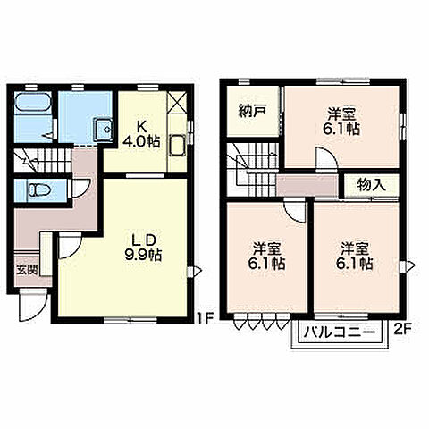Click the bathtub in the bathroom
click(33, 103)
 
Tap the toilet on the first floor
click(38, 189)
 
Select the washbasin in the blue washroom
click(103, 130)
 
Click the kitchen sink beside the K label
click(177, 145)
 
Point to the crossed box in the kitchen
click(177, 102)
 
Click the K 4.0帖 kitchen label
click(141, 134)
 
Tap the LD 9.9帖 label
click(143, 248)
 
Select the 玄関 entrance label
click(27, 271)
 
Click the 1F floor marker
click(205, 319)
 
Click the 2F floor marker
click(403, 329)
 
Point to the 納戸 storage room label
click(252, 111)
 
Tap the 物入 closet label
click(372, 185)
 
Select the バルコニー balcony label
click(340, 332)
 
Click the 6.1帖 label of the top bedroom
click(341, 130)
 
